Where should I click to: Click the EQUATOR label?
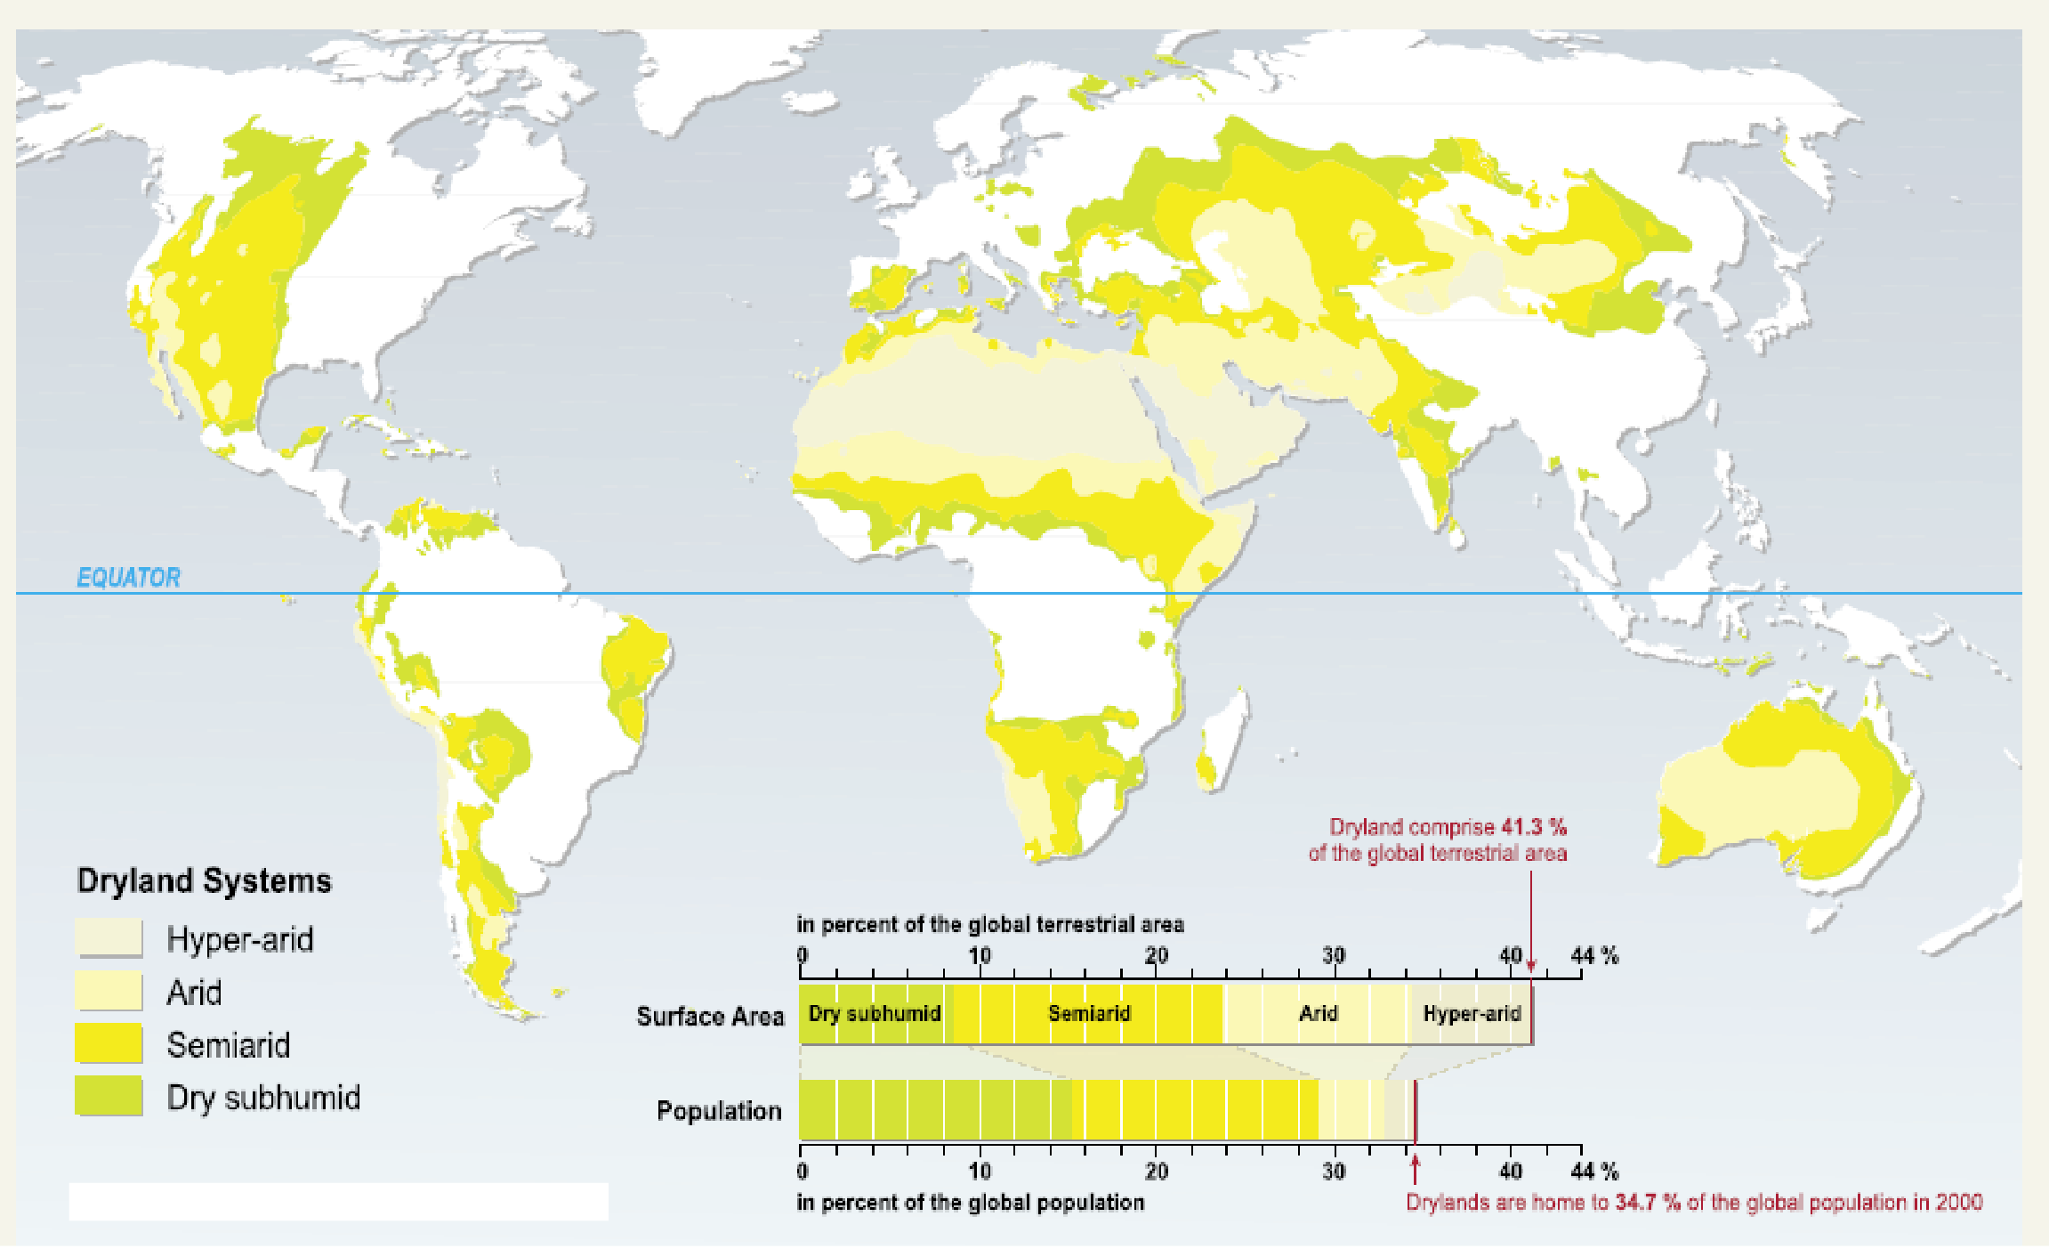(128, 578)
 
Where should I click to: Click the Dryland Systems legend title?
(204, 880)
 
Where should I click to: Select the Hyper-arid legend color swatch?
(109, 938)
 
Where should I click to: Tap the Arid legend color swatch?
(109, 991)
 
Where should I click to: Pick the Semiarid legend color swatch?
(109, 1043)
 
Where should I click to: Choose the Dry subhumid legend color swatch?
(109, 1096)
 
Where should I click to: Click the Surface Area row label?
(710, 1017)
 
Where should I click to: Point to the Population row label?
(719, 1111)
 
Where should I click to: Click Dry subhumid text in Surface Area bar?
(874, 1014)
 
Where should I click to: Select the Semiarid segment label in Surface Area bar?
(1089, 1014)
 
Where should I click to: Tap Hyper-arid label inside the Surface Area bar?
(1472, 1014)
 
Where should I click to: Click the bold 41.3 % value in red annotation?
(1534, 827)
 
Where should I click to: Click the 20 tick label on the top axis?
(1156, 956)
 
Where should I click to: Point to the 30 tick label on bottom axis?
(1333, 1172)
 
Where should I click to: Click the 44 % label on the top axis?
(1594, 956)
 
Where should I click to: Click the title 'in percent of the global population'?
(970, 1203)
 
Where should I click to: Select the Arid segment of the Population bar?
(1351, 1110)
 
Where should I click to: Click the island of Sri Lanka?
(1456, 536)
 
